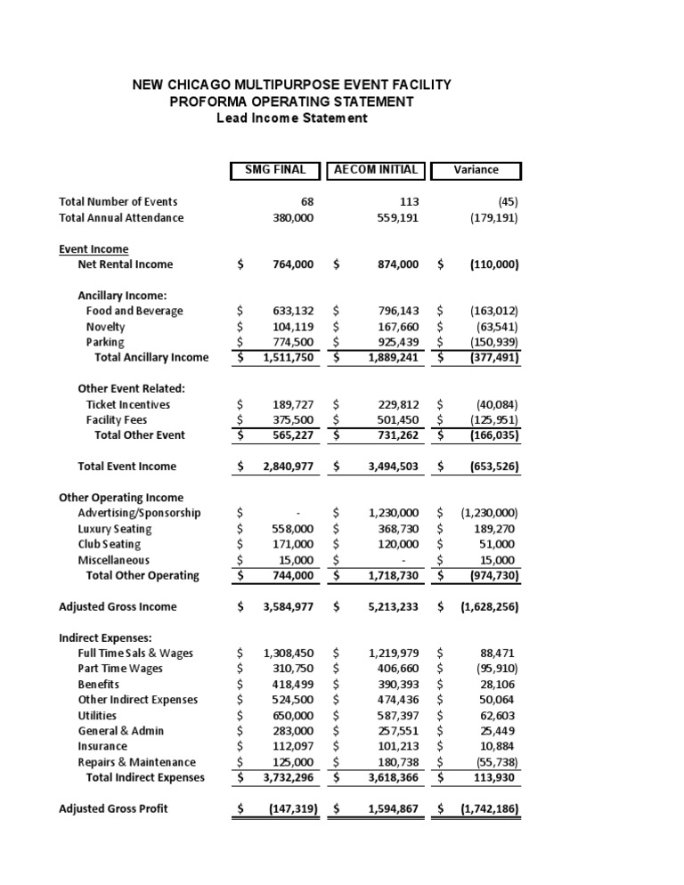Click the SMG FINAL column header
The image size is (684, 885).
pyautogui.click(x=274, y=170)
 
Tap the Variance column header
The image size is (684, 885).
pyautogui.click(x=476, y=170)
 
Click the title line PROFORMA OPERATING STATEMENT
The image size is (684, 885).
pyautogui.click(x=291, y=101)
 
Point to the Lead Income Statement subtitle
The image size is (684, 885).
pyautogui.click(x=291, y=118)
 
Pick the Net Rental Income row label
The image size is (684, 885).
pyautogui.click(x=126, y=264)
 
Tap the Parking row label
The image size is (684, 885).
pyautogui.click(x=105, y=342)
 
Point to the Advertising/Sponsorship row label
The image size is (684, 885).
pyautogui.click(x=139, y=513)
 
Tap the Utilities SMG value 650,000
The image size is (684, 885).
pyautogui.click(x=292, y=715)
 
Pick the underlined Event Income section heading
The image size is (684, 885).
pyautogui.click(x=94, y=249)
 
